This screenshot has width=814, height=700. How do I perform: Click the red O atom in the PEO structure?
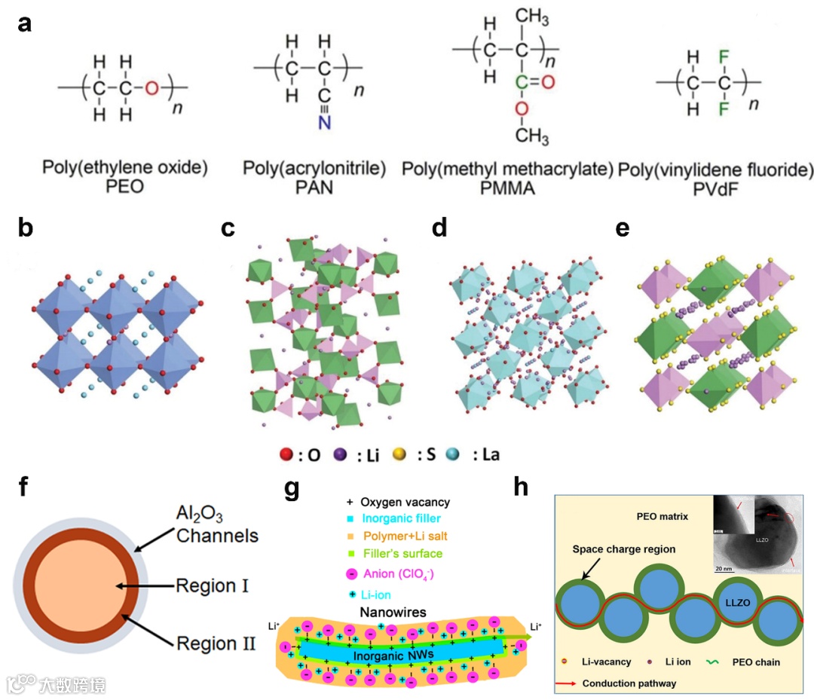point(152,88)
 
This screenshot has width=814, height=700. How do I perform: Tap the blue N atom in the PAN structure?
point(324,122)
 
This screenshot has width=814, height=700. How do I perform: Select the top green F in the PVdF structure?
point(702,56)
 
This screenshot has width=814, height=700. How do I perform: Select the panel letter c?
point(229,229)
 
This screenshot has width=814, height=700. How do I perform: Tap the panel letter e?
point(623,228)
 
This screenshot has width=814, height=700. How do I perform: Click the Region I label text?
point(211,585)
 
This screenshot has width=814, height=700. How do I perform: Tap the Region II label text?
point(215,643)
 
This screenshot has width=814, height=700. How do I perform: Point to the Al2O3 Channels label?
point(217,525)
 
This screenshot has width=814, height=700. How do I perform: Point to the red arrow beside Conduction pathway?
point(571,684)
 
